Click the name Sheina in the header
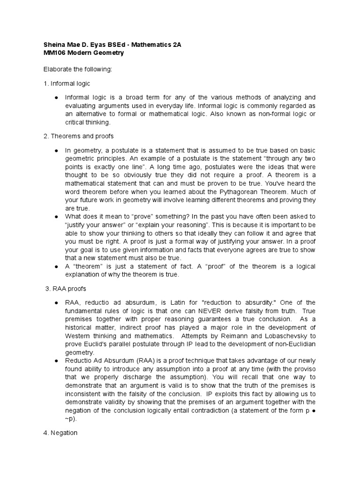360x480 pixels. coord(54,45)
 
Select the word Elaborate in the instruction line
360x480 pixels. coord(58,69)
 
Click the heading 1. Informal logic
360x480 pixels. coord(67,83)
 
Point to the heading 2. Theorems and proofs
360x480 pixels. coord(79,136)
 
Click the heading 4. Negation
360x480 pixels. coord(60,433)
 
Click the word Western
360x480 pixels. coord(78,336)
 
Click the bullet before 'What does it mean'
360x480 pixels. coord(56,217)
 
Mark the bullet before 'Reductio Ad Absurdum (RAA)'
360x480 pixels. coord(56,360)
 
